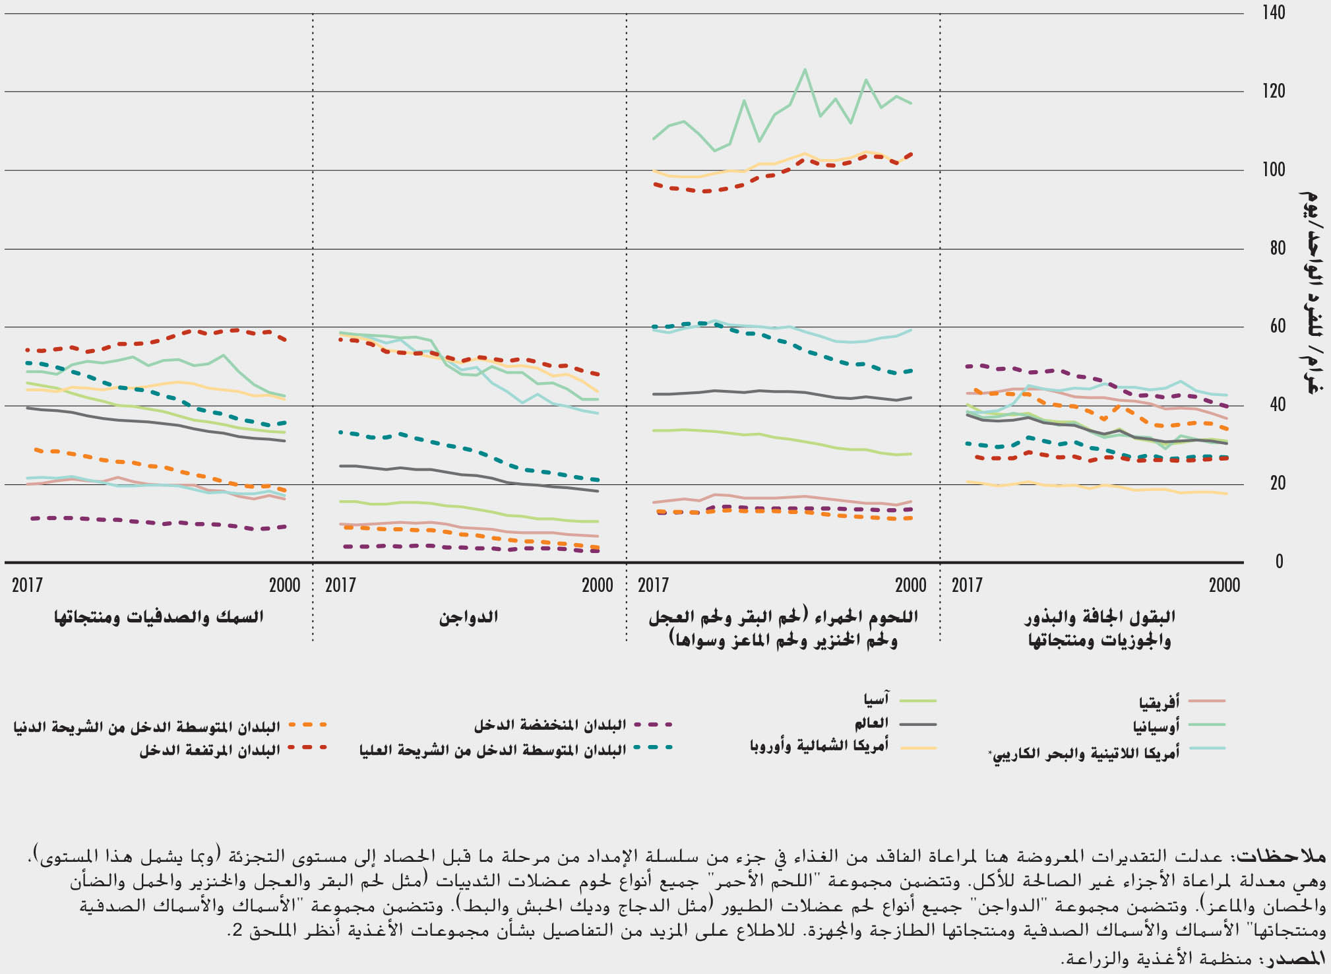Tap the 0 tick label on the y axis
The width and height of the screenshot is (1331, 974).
tap(1279, 562)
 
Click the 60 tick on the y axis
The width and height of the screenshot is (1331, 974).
tap(1276, 327)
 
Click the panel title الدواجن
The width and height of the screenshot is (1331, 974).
tap(468, 618)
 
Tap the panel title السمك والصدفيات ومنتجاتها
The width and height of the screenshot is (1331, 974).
tap(158, 618)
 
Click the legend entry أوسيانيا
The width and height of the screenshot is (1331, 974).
tap(1156, 727)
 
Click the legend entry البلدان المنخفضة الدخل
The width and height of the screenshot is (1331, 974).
tap(550, 725)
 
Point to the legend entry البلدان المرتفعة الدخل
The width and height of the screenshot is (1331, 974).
tap(210, 751)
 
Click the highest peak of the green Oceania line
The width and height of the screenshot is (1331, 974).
tap(804, 69)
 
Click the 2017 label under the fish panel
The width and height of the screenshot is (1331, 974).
tap(27, 585)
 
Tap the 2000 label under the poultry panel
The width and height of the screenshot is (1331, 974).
tap(598, 585)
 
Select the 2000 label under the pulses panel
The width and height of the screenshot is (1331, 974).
tap(1224, 585)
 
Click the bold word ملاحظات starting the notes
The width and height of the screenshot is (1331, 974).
tap(1291, 857)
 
